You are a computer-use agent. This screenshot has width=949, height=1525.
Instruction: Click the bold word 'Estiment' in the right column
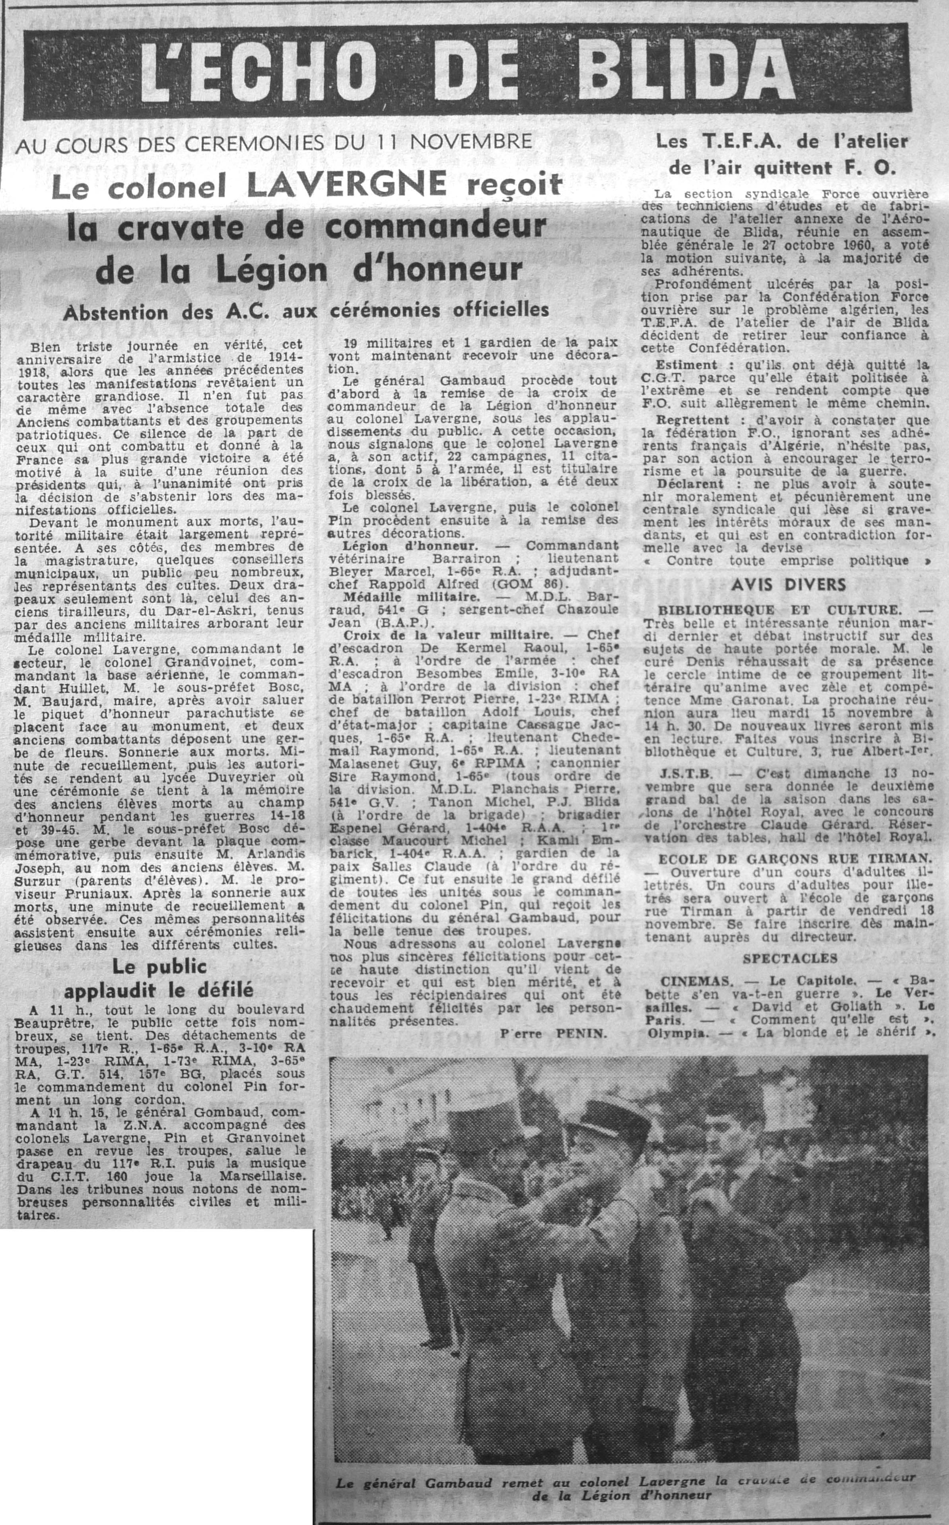[686, 365]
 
